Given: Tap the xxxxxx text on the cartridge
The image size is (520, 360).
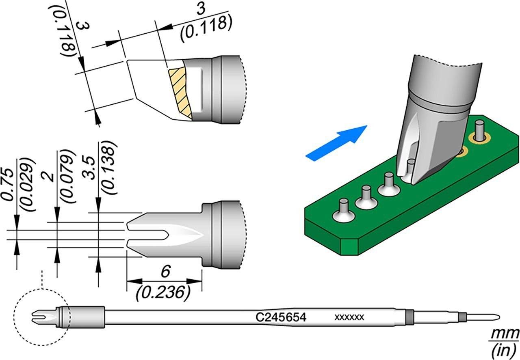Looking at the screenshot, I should point(349,317).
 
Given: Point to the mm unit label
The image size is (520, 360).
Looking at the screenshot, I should point(505,334).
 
